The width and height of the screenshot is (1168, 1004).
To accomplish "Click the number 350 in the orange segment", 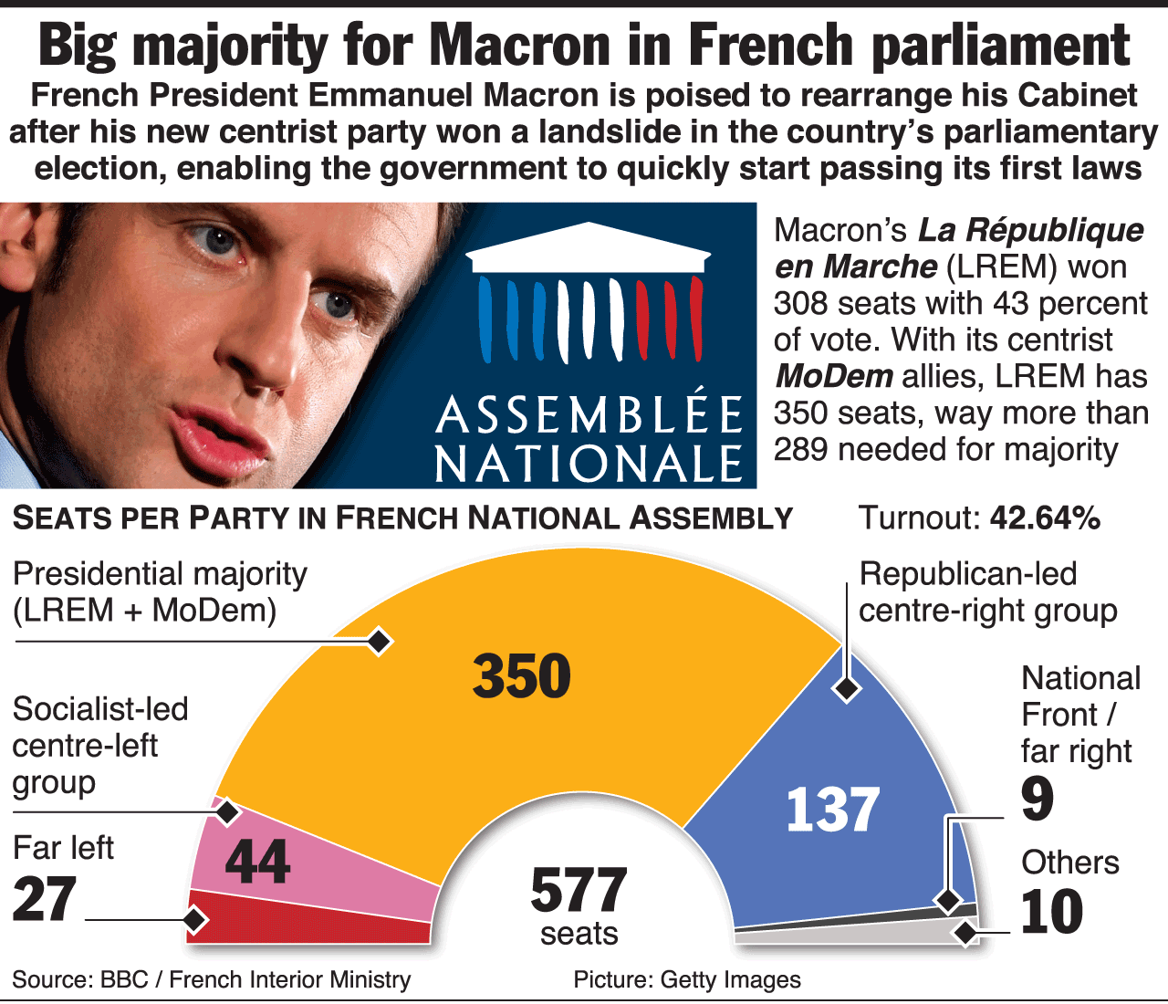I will (x=522, y=676).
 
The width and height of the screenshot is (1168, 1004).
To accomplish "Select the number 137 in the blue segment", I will (x=832, y=810).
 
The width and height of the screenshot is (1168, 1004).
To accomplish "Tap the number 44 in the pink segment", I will (x=257, y=861).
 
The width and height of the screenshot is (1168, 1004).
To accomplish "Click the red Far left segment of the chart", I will (x=310, y=922).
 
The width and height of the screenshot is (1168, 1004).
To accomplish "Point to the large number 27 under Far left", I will (x=44, y=899).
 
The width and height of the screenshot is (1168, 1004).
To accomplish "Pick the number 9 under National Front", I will (x=1038, y=799).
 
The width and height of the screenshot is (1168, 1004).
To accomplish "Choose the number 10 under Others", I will (x=1051, y=912).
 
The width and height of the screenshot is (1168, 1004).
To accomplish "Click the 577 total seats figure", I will (x=579, y=891).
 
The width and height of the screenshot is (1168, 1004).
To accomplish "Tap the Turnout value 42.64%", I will (x=1045, y=518).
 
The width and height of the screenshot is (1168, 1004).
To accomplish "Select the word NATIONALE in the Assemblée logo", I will (x=589, y=464).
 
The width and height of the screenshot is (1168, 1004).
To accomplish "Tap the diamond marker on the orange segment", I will (x=380, y=642).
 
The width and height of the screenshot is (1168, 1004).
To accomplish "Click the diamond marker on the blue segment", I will (x=847, y=689).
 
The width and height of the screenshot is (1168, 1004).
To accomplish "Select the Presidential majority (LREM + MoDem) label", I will (x=160, y=591).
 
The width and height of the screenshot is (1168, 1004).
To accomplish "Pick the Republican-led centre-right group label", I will (x=987, y=591).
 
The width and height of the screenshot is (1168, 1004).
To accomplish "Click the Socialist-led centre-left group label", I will (x=99, y=746).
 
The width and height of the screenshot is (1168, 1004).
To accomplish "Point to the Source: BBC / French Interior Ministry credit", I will (x=211, y=979).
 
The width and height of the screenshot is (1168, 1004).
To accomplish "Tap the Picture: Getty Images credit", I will (x=686, y=979).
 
